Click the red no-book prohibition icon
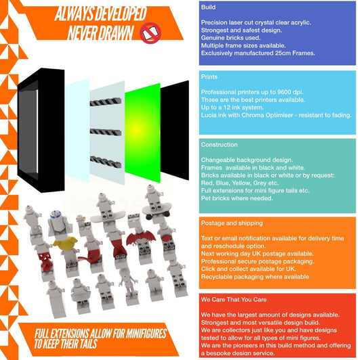150,33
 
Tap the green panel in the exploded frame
142,133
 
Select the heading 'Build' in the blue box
209,7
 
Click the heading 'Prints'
209,77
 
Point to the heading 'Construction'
219,145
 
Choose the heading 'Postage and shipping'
232,223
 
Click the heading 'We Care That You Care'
234,300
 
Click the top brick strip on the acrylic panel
106,102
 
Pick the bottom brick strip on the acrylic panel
106,162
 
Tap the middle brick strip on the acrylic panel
106,132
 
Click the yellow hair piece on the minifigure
65,243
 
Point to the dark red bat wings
141,238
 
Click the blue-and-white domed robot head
56,215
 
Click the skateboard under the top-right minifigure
158,210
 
